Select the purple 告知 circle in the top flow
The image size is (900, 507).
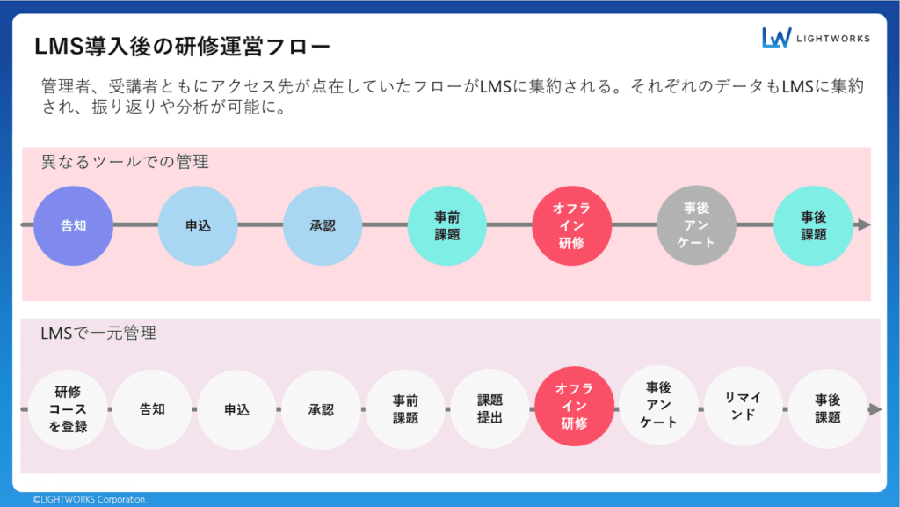[x=73, y=225]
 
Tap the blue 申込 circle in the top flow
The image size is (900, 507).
[x=198, y=225]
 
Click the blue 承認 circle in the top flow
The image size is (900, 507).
[x=323, y=225]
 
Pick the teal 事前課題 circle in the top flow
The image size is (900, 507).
[x=447, y=225]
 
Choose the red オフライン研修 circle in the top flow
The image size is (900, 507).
[x=571, y=225]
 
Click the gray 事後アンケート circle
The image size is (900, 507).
[x=696, y=225]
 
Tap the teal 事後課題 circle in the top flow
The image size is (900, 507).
[x=813, y=225]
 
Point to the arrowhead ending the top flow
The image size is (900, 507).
[x=864, y=225]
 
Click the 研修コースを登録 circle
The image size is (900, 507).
[x=68, y=409]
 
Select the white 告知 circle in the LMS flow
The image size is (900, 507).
[x=152, y=409]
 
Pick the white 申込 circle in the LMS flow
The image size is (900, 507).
[x=236, y=409]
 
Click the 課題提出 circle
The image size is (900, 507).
[x=490, y=409]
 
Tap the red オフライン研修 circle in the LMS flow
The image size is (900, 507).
[x=574, y=409]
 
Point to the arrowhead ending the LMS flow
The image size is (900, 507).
[x=875, y=409]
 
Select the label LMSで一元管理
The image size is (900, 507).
[x=98, y=334]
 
